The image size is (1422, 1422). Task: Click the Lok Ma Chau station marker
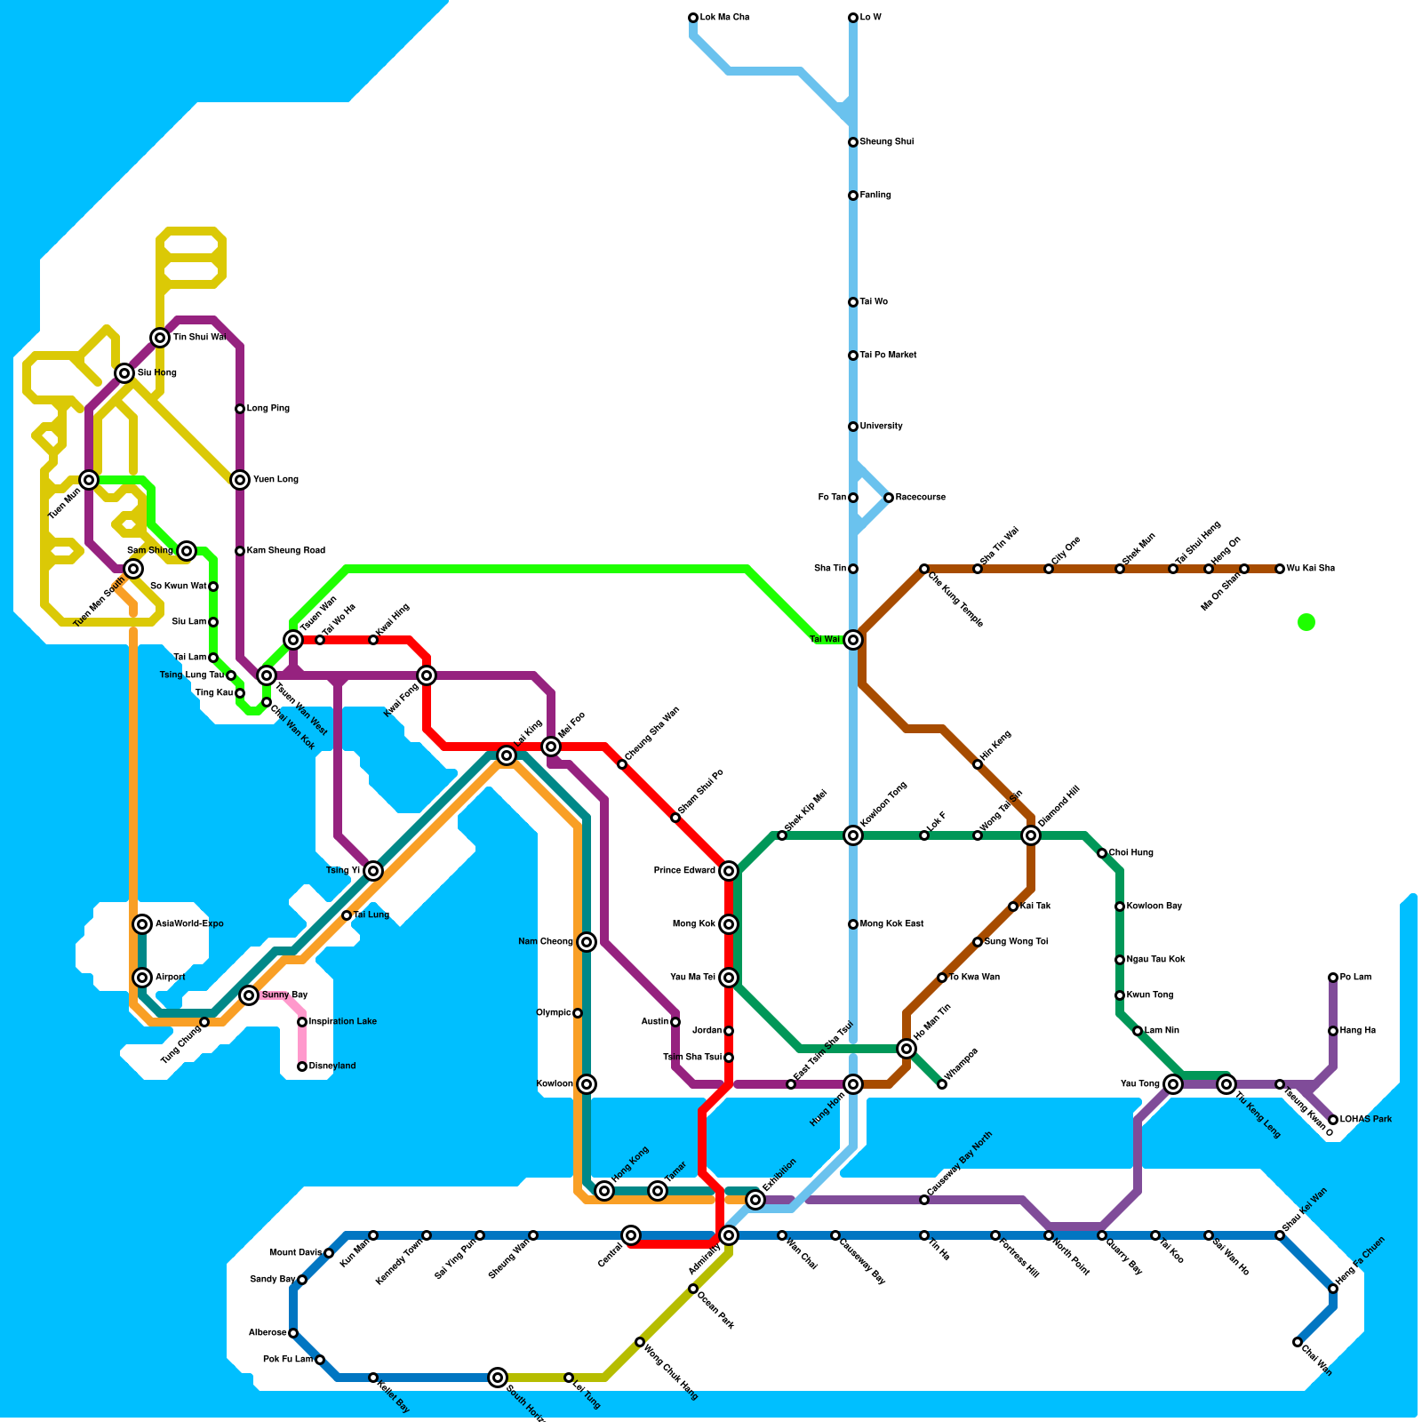tap(693, 18)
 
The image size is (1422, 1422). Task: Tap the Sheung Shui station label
tap(886, 142)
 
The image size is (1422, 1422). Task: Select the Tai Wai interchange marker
tap(853, 640)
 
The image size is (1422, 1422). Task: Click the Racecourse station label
tap(920, 498)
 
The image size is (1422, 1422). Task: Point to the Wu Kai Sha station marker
tap(1280, 569)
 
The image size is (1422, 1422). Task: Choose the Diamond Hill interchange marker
tap(1031, 835)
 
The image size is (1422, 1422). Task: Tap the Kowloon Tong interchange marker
tap(853, 835)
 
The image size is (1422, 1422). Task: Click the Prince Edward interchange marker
tap(729, 871)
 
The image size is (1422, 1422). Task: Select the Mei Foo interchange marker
tap(551, 747)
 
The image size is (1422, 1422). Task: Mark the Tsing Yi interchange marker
tap(373, 871)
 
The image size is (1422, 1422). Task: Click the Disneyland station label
tap(332, 1066)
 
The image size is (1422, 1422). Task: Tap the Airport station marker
tap(142, 978)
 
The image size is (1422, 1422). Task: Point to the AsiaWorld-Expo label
tap(189, 924)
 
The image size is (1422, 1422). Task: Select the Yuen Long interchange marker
tap(240, 480)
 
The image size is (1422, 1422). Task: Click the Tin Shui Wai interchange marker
tap(160, 338)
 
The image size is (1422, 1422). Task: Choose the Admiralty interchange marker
tap(729, 1235)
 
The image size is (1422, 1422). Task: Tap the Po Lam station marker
tap(1333, 978)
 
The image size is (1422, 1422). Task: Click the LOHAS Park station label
tap(1365, 1120)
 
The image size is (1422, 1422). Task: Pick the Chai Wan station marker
tap(1298, 1342)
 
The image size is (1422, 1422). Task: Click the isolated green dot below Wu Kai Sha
tap(1306, 622)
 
